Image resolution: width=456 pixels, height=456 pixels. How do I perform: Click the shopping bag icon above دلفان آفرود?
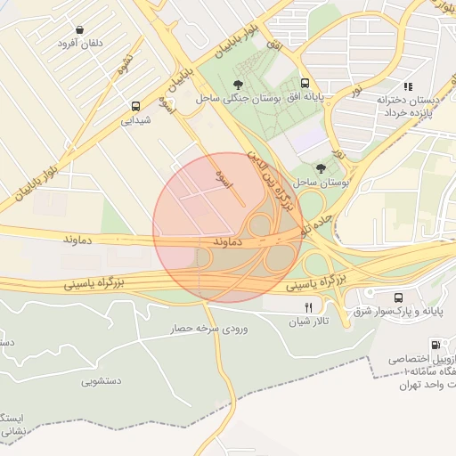pos(81,29)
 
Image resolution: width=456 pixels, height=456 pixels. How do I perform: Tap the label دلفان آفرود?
pos(81,43)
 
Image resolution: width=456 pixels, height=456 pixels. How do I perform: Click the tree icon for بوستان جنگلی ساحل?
pos(237,83)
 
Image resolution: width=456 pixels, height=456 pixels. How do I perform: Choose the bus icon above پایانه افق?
pos(306,81)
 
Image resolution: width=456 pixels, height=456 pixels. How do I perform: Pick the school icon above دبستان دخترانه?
pos(408,86)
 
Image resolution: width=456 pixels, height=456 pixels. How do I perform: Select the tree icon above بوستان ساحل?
pos(321,167)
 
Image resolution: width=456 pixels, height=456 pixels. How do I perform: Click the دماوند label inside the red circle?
pos(229,241)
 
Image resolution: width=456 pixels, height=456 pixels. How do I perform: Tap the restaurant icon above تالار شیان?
pos(307,306)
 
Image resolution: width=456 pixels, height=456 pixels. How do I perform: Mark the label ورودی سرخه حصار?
pos(211,329)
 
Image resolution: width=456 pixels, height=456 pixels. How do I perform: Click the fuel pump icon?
pos(435,345)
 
